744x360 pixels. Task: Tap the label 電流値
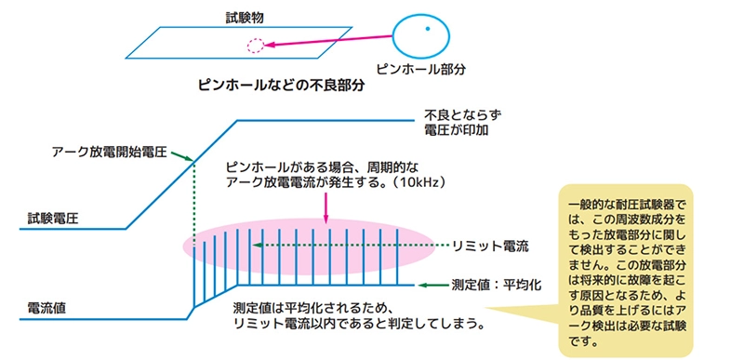[x=44, y=306]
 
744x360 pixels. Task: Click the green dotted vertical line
[x=193, y=223]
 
